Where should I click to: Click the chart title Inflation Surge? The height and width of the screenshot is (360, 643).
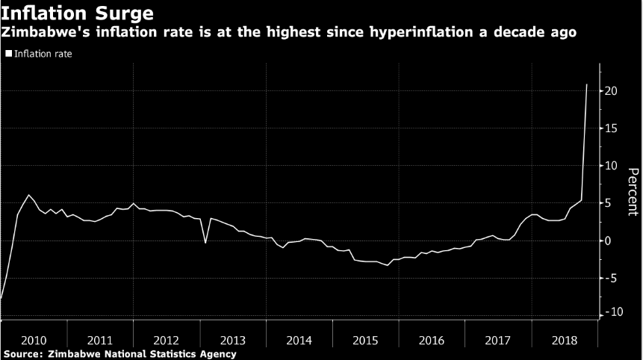(x=78, y=13)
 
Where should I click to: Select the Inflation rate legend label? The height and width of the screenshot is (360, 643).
(x=43, y=54)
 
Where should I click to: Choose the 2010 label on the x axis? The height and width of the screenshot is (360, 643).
(x=34, y=340)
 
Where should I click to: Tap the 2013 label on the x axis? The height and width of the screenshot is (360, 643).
(x=232, y=340)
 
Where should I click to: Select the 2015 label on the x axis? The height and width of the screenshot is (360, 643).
(x=365, y=340)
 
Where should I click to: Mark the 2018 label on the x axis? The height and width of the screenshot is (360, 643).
(x=564, y=340)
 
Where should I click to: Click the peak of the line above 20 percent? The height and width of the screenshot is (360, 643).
(x=586, y=84)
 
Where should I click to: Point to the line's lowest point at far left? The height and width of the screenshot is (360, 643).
(x=1, y=298)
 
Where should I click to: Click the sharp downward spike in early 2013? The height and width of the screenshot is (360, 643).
(x=205, y=243)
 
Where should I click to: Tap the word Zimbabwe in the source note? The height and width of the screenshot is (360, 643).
(x=71, y=354)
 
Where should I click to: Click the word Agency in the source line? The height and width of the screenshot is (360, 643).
(x=216, y=354)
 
